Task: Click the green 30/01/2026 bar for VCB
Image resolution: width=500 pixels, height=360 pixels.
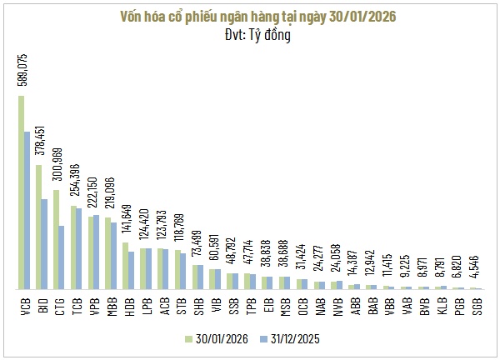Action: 21,192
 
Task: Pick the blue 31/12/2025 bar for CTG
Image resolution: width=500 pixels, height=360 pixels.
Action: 62,257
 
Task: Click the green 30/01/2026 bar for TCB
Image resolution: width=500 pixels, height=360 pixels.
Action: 73,247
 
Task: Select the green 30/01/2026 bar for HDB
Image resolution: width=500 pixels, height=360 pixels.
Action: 125,266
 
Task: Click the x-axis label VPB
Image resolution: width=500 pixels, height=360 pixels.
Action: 93,306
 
